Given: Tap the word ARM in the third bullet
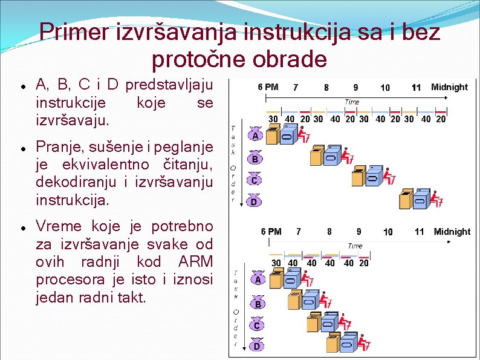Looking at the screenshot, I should [x=196, y=262].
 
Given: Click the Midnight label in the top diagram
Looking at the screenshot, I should [x=449, y=87].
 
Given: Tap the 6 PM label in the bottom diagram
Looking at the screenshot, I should [x=271, y=232].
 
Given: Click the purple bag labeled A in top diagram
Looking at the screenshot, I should [x=255, y=135].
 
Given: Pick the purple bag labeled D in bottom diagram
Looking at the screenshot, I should [x=256, y=345].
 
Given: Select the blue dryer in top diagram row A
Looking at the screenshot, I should [x=287, y=136].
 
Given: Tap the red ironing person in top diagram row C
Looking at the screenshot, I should [x=390, y=177].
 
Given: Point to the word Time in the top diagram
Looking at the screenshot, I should [x=352, y=102].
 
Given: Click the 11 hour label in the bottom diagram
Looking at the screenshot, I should [x=420, y=232].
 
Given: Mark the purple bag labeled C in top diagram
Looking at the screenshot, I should [x=255, y=179].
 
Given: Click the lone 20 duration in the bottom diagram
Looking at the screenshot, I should [x=364, y=263].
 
